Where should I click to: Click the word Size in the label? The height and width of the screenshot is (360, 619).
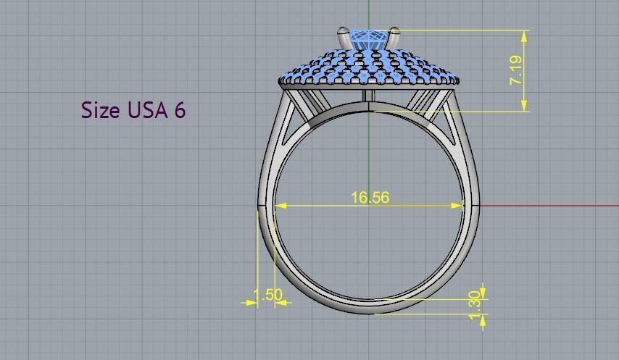100,110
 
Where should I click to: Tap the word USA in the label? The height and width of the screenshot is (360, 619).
148,110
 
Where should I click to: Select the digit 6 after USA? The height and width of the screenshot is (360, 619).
179,110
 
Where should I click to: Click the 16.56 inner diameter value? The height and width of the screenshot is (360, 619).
370,197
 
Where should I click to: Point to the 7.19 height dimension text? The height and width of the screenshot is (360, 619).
516,70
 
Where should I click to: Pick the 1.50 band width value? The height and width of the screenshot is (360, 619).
267,295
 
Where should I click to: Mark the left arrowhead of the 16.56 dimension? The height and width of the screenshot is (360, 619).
281,206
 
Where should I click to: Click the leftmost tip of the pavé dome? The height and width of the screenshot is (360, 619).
280,81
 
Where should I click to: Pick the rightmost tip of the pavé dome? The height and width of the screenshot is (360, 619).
459,81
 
